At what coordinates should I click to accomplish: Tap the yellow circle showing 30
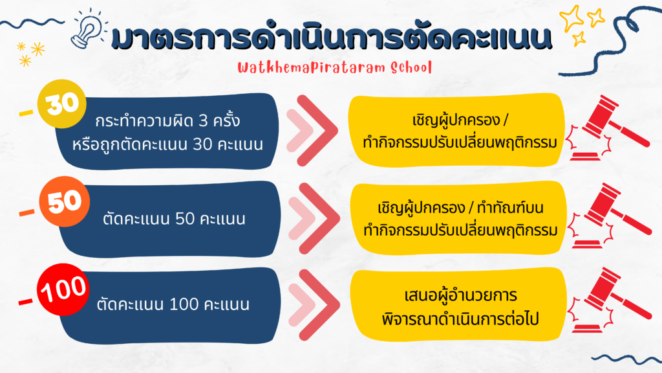tap(62, 104)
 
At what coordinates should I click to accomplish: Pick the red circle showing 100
tap(63, 289)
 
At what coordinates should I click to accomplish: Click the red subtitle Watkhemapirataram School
tap(334, 67)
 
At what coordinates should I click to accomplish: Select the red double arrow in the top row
tap(312, 130)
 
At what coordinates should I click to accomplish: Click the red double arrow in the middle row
tap(314, 218)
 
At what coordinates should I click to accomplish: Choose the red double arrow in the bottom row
tap(314, 305)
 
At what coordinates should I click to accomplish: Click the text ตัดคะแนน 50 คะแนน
tap(174, 219)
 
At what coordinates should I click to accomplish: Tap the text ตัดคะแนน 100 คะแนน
tap(173, 304)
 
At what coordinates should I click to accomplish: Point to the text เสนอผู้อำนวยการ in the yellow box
tap(460, 295)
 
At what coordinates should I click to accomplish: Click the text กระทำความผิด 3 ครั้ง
tap(167, 120)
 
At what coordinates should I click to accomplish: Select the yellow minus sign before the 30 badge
tap(26, 113)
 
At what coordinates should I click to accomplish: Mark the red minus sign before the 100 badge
tap(25, 302)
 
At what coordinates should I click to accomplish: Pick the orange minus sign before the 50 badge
tap(27, 212)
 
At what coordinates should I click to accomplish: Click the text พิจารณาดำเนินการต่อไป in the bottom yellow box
tap(460, 319)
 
